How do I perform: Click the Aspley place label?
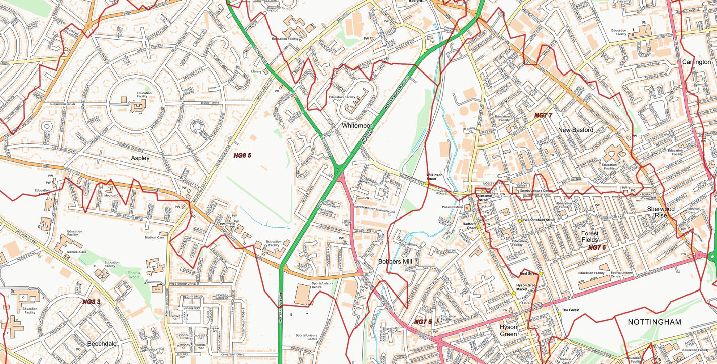click(x=140, y=158)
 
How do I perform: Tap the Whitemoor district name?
click(x=356, y=125)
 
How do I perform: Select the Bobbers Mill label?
click(x=395, y=262)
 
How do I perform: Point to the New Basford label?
click(x=575, y=130)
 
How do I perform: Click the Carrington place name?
click(x=696, y=62)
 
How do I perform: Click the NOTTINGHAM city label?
click(x=654, y=322)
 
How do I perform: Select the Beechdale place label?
click(x=102, y=343)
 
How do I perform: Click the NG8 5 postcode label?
click(x=242, y=156)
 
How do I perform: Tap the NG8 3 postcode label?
click(x=92, y=302)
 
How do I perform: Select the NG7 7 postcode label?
click(x=543, y=115)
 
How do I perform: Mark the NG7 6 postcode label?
click(x=597, y=247)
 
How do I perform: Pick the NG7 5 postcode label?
click(x=423, y=322)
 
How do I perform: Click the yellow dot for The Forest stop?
click(x=559, y=314)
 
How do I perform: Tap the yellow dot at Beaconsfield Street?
click(x=520, y=221)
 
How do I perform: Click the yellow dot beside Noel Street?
click(x=542, y=274)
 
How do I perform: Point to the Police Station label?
click(x=452, y=207)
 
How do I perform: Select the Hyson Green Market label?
click(x=526, y=287)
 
